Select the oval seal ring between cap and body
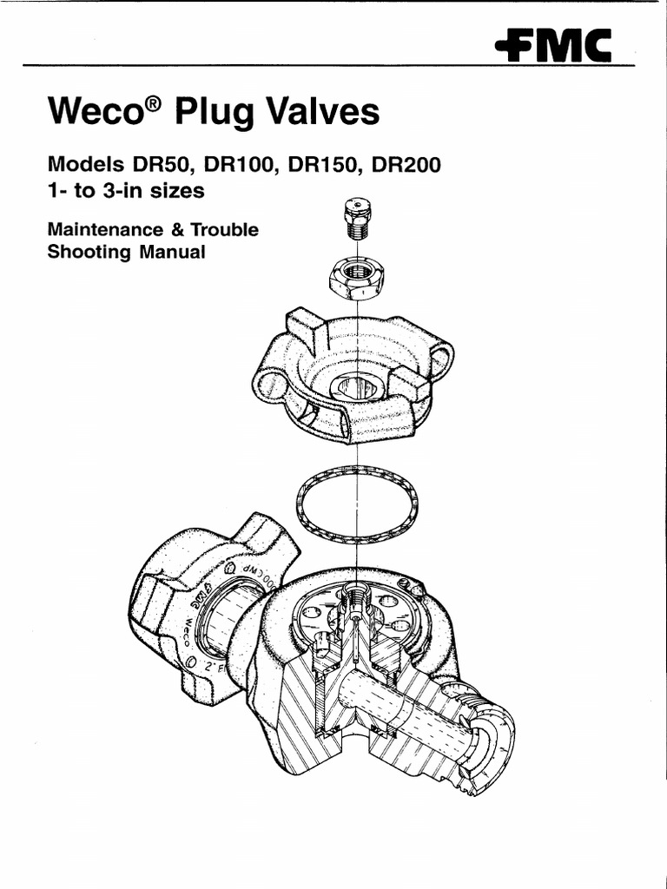click(x=357, y=504)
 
